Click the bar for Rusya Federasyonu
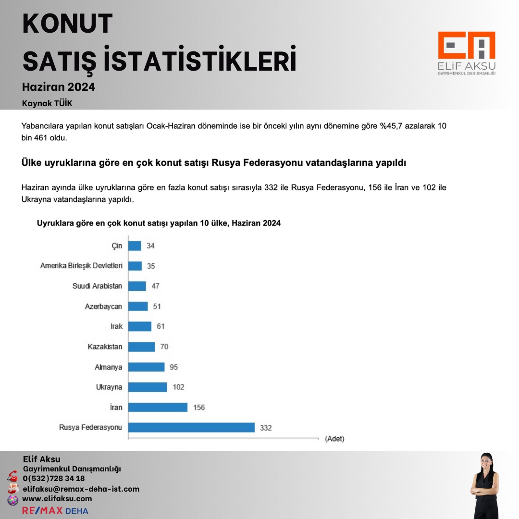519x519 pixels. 191,427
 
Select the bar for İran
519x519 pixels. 158,407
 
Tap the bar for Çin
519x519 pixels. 135,246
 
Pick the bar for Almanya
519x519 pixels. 146,367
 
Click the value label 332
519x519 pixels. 265,428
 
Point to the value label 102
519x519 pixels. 178,387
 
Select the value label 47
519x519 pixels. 155,286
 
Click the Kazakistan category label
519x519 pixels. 105,347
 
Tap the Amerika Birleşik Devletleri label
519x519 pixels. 81,266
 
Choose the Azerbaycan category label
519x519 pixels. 104,307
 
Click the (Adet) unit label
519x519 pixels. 334,439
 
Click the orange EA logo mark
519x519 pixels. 466,46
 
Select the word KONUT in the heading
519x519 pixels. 68,24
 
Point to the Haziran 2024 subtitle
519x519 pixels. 59,87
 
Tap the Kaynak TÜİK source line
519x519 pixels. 47,103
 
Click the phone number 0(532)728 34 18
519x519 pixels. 54,479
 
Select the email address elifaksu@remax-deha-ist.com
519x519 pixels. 81,489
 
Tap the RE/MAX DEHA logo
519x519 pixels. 55,510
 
